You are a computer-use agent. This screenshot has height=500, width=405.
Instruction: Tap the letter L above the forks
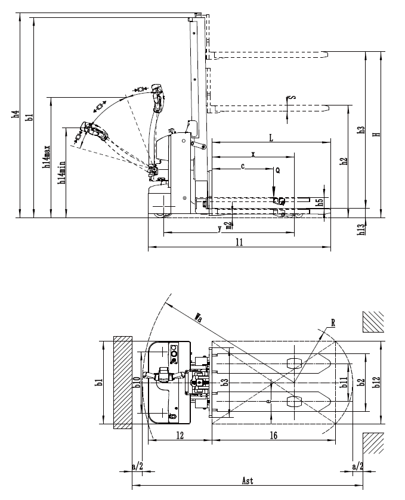click(x=271, y=138)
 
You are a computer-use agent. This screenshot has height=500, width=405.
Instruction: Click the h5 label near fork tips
click(x=320, y=203)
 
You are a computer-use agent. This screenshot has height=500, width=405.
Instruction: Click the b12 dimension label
click(x=376, y=382)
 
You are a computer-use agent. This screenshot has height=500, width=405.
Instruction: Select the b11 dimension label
click(x=344, y=382)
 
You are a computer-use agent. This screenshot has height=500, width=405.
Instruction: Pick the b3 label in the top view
click(x=225, y=382)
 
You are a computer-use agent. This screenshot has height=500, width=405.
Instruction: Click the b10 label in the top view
click(x=137, y=382)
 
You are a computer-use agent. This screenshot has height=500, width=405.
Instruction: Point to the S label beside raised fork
click(x=293, y=97)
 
